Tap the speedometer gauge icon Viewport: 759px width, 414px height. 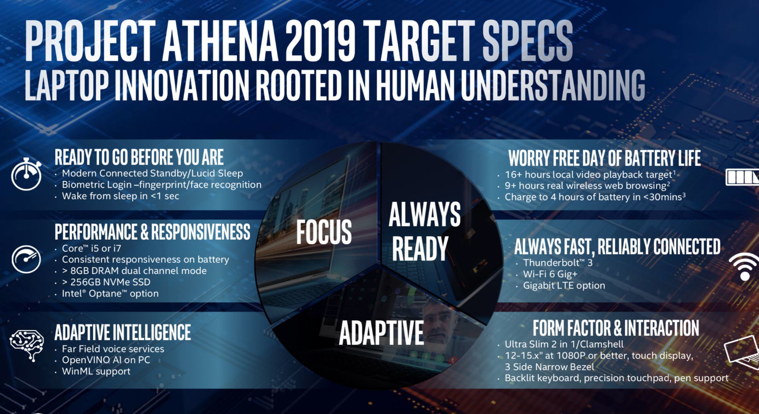click(26, 259)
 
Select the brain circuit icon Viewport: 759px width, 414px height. click(27, 345)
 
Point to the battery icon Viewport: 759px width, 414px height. click(742, 177)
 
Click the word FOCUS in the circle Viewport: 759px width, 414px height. click(324, 232)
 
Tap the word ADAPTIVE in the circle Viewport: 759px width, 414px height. click(381, 333)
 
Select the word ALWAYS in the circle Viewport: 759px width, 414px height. click(425, 214)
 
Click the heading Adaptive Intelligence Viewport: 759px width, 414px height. click(123, 332)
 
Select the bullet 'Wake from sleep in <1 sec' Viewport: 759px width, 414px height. click(120, 196)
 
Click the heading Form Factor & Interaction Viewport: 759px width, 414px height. click(615, 328)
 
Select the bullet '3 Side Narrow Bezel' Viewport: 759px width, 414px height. click(549, 367)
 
